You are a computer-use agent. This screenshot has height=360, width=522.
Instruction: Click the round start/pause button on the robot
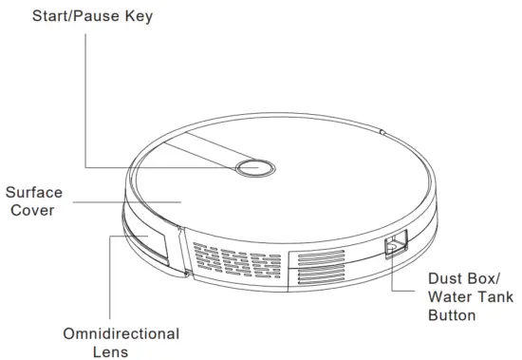(x=252, y=167)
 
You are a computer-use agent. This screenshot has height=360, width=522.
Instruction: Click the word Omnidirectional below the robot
(x=121, y=333)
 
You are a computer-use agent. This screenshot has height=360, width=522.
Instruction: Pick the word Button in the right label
(x=452, y=314)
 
